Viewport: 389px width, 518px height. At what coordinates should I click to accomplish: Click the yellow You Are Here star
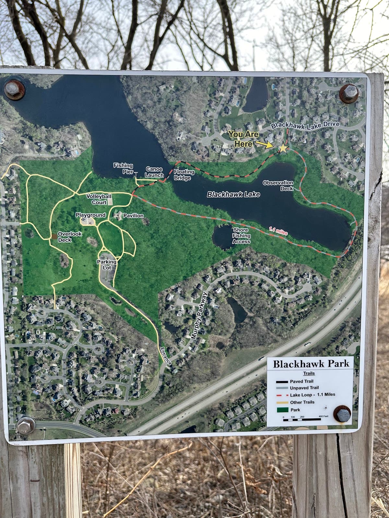(283, 148)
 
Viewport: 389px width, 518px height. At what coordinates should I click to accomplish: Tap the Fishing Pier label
(123, 169)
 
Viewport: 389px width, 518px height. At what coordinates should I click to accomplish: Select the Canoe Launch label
(154, 172)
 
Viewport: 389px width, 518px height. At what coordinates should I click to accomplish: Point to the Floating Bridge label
(184, 175)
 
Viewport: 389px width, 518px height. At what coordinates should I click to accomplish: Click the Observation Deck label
(278, 186)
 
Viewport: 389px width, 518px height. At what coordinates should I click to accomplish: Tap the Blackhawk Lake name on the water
(233, 194)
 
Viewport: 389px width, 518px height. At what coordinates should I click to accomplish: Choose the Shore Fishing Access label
(241, 236)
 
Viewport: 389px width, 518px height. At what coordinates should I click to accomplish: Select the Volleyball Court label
(99, 199)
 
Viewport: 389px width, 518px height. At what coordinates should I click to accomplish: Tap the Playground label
(90, 215)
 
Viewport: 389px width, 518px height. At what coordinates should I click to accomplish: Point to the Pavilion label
(133, 216)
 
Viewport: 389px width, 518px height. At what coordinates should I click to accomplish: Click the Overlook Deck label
(70, 237)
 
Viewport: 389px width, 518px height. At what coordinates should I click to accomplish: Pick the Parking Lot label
(107, 265)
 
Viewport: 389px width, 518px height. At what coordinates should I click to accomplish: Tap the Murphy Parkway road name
(199, 316)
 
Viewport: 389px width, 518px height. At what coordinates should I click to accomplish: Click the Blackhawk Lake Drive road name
(305, 125)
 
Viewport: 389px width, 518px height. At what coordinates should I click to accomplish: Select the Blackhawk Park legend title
(311, 364)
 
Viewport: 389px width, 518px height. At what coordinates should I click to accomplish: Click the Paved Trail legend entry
(301, 381)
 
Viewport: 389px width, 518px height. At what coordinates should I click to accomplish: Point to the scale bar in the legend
(301, 420)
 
